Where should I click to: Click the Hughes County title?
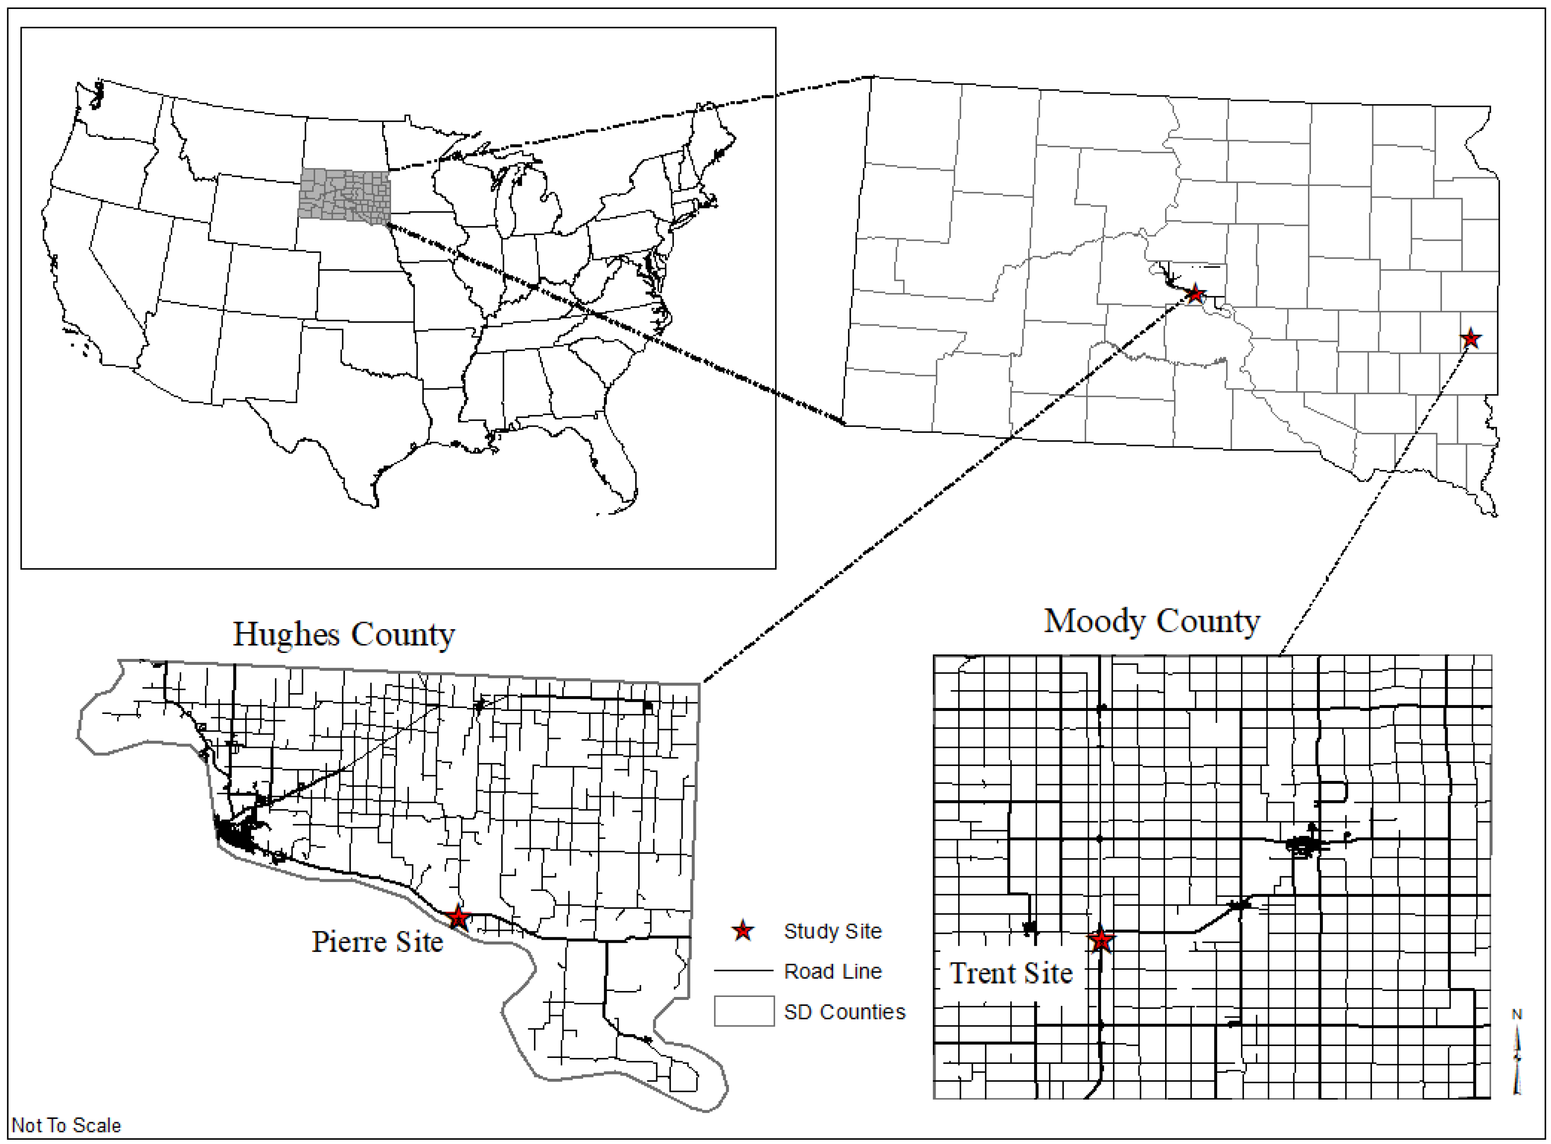point(344,634)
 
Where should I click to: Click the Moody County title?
point(1151,621)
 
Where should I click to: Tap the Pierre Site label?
point(377,942)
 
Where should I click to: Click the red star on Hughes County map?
point(458,918)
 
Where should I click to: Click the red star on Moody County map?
point(1101,940)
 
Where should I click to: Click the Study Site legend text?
point(833,931)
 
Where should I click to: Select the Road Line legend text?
point(833,971)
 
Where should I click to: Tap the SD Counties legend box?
point(744,1011)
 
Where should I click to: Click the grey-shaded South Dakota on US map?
point(344,196)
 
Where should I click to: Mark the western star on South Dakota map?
point(1195,294)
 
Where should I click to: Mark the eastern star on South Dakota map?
point(1470,338)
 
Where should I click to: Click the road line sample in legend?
point(743,971)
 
